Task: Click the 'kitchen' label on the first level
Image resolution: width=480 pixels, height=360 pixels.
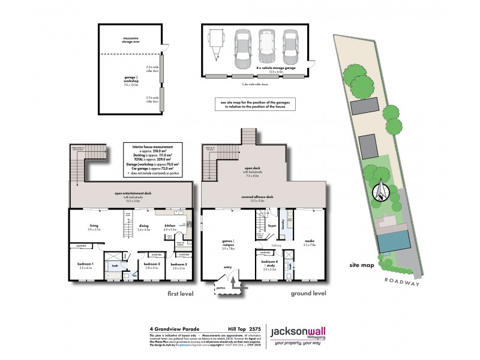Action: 170,226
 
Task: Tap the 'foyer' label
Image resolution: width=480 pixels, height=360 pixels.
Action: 271,226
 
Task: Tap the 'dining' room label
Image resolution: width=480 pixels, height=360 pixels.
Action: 144,226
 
